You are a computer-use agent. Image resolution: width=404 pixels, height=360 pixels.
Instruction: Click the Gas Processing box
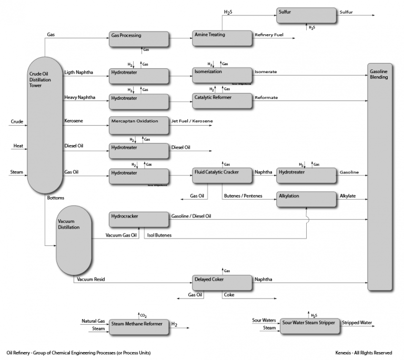[139, 39]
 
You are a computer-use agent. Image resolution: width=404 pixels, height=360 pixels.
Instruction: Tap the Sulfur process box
[307, 15]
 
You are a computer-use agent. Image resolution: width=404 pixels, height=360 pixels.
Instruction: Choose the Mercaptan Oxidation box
[139, 124]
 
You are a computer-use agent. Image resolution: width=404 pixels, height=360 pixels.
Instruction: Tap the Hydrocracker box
[139, 220]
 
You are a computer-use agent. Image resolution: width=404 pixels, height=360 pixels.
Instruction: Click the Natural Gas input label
[93, 321]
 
